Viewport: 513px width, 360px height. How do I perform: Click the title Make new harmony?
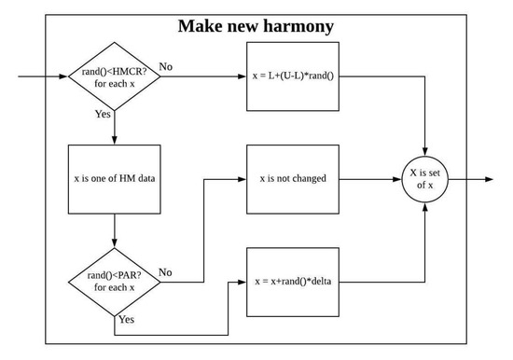256,25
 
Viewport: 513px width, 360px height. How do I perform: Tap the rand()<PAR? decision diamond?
114,280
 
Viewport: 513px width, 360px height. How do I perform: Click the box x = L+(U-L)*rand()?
292,75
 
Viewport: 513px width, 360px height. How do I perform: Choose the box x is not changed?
292,178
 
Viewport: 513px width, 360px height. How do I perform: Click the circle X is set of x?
426,178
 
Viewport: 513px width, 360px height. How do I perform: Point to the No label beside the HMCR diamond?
166,66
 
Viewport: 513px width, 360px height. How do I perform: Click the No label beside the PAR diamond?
166,271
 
